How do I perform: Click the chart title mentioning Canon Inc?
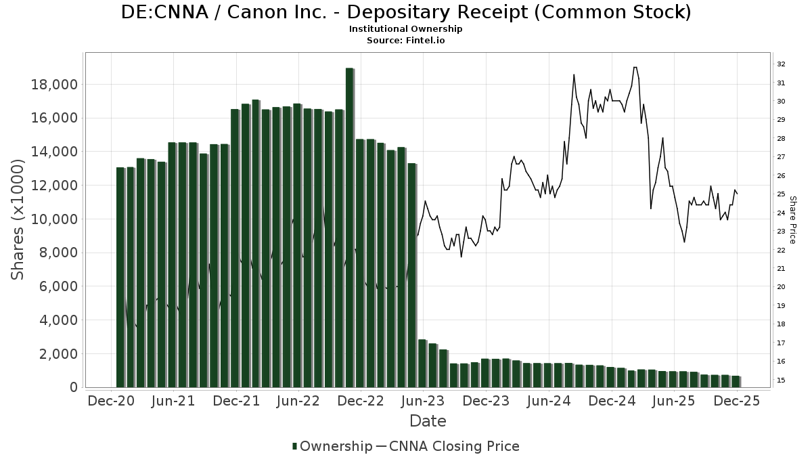pyautogui.click(x=406, y=12)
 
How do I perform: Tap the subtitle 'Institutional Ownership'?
pyautogui.click(x=405, y=29)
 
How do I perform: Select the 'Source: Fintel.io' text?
pyautogui.click(x=405, y=40)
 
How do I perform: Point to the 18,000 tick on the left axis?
pyautogui.click(x=55, y=85)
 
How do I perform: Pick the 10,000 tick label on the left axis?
pyautogui.click(x=55, y=219)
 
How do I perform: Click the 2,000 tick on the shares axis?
pyautogui.click(x=58, y=354)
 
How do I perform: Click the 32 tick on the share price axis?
pyautogui.click(x=781, y=64)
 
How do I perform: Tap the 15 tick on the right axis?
pyautogui.click(x=781, y=380)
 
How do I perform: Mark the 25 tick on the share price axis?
pyautogui.click(x=781, y=194)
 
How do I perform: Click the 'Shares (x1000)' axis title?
pyautogui.click(x=18, y=219)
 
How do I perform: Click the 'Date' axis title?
pyautogui.click(x=428, y=421)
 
